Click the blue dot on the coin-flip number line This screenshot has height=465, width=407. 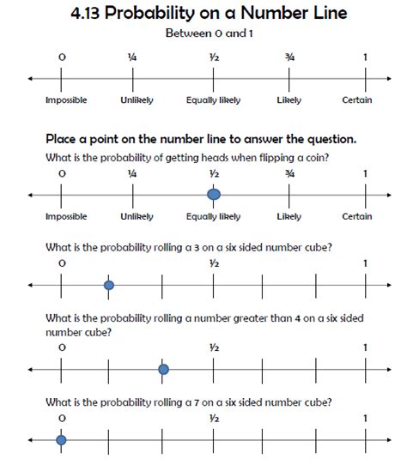[x=214, y=196]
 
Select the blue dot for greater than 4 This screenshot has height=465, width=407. [x=163, y=369]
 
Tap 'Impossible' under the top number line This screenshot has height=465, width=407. [x=65, y=100]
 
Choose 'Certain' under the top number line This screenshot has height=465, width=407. [x=357, y=100]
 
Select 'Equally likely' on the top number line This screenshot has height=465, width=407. [x=213, y=100]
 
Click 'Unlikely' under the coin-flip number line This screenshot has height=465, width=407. [x=137, y=217]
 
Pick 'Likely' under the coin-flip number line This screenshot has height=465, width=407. [x=289, y=217]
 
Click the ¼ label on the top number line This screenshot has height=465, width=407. [x=132, y=57]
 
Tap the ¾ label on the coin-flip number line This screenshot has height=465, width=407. [x=290, y=173]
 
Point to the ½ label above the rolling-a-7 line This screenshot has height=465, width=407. [x=214, y=418]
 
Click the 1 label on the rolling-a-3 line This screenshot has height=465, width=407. [x=366, y=263]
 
